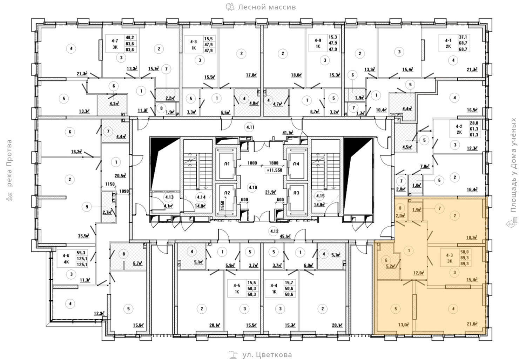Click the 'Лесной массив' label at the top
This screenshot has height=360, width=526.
tap(267, 7)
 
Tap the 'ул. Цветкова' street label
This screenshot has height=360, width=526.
tap(267, 355)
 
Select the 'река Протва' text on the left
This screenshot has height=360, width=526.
tap(9, 163)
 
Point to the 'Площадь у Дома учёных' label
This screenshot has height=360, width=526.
tap(514, 165)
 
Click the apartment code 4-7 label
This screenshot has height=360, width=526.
tap(115, 41)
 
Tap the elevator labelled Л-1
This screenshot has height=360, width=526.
tap(227, 164)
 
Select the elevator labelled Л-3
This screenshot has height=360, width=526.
tap(296, 193)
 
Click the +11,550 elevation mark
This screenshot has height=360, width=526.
tap(274, 170)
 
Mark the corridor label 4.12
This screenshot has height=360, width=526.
tap(274, 231)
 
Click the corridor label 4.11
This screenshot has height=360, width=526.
tap(250, 127)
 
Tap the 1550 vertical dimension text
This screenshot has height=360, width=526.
tap(222, 205)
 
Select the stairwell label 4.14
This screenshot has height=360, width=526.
tap(201, 196)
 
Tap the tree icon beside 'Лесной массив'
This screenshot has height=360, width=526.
tap(230, 7)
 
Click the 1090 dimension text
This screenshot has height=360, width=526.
tap(124, 191)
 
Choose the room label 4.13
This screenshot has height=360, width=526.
tap(170, 198)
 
